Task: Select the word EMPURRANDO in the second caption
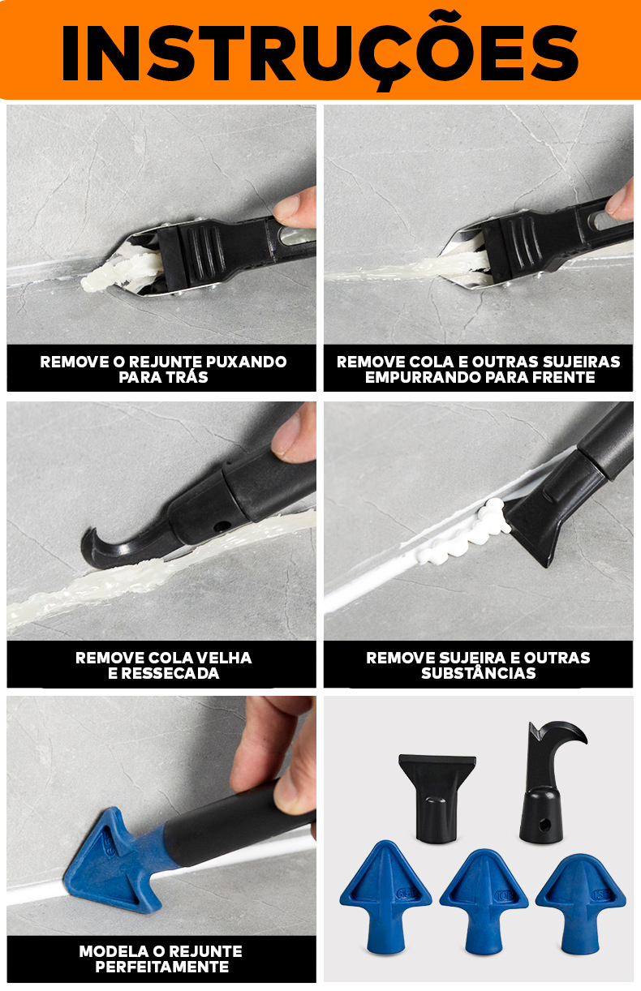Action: (x=414, y=378)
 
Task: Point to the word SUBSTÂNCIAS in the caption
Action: (x=478, y=674)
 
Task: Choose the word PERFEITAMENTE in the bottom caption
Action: (x=161, y=967)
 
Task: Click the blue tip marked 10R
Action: (x=484, y=899)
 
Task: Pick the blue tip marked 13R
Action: (x=580, y=900)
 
